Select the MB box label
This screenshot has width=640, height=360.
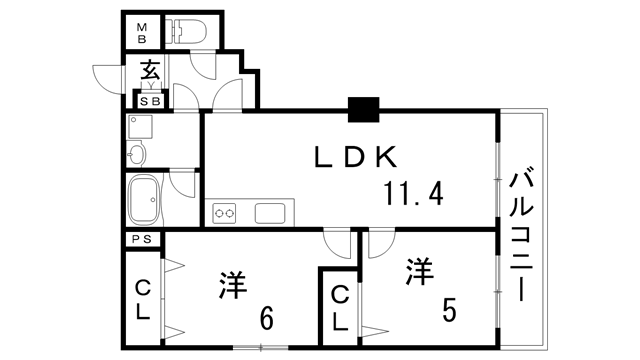141,32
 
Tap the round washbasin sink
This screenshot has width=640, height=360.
137,154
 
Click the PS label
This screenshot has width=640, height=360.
142,240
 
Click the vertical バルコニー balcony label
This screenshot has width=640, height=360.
522,237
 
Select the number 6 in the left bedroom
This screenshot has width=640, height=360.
266,319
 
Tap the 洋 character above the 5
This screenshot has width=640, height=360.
420,271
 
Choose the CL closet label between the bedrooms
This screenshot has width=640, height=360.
340,309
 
